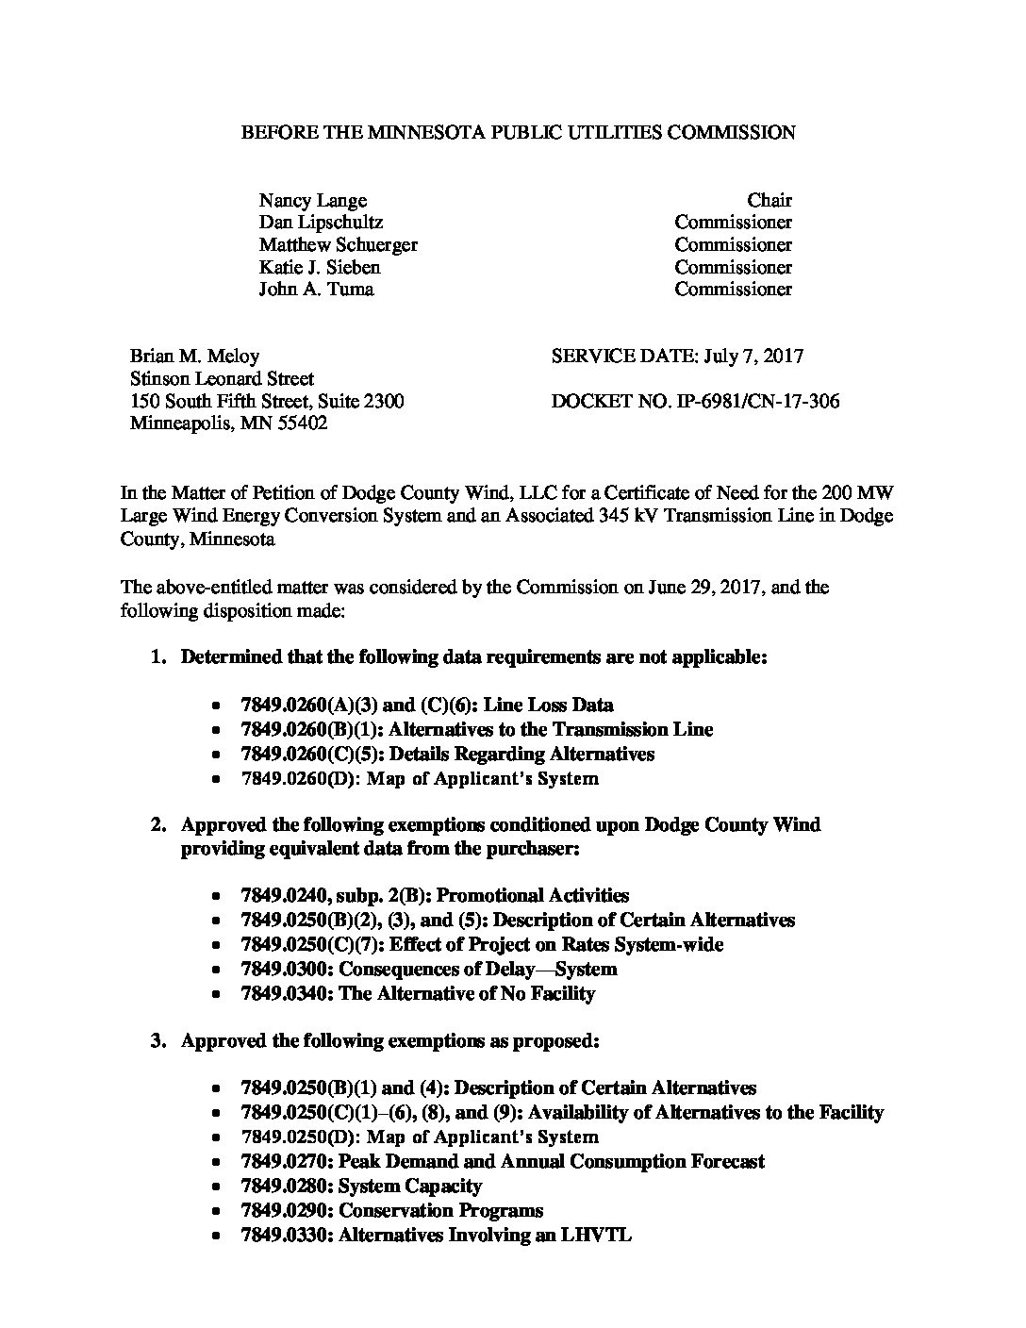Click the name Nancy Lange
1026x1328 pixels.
click(312, 200)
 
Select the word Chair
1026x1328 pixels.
click(769, 200)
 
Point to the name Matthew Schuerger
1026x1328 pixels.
click(338, 245)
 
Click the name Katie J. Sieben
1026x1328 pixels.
click(320, 267)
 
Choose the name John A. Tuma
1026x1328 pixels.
click(316, 290)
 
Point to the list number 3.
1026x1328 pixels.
click(158, 1041)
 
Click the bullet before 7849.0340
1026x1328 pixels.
click(218, 994)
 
